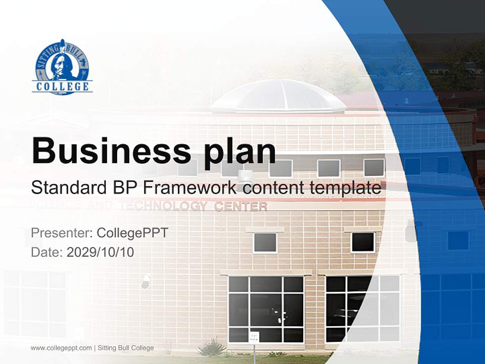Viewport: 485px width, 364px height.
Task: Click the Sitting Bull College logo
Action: (x=63, y=67)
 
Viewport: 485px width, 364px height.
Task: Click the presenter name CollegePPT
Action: (x=132, y=233)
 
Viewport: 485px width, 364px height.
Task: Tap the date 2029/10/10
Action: (x=101, y=252)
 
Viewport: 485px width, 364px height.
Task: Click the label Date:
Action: (x=47, y=252)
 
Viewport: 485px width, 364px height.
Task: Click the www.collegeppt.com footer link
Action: (x=61, y=348)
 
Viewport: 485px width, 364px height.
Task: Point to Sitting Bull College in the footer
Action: (x=126, y=348)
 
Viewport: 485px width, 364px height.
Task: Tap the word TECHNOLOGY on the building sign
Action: (x=163, y=206)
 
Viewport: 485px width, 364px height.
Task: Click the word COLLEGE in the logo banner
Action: (x=63, y=86)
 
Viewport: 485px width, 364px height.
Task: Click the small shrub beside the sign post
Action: (x=212, y=347)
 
